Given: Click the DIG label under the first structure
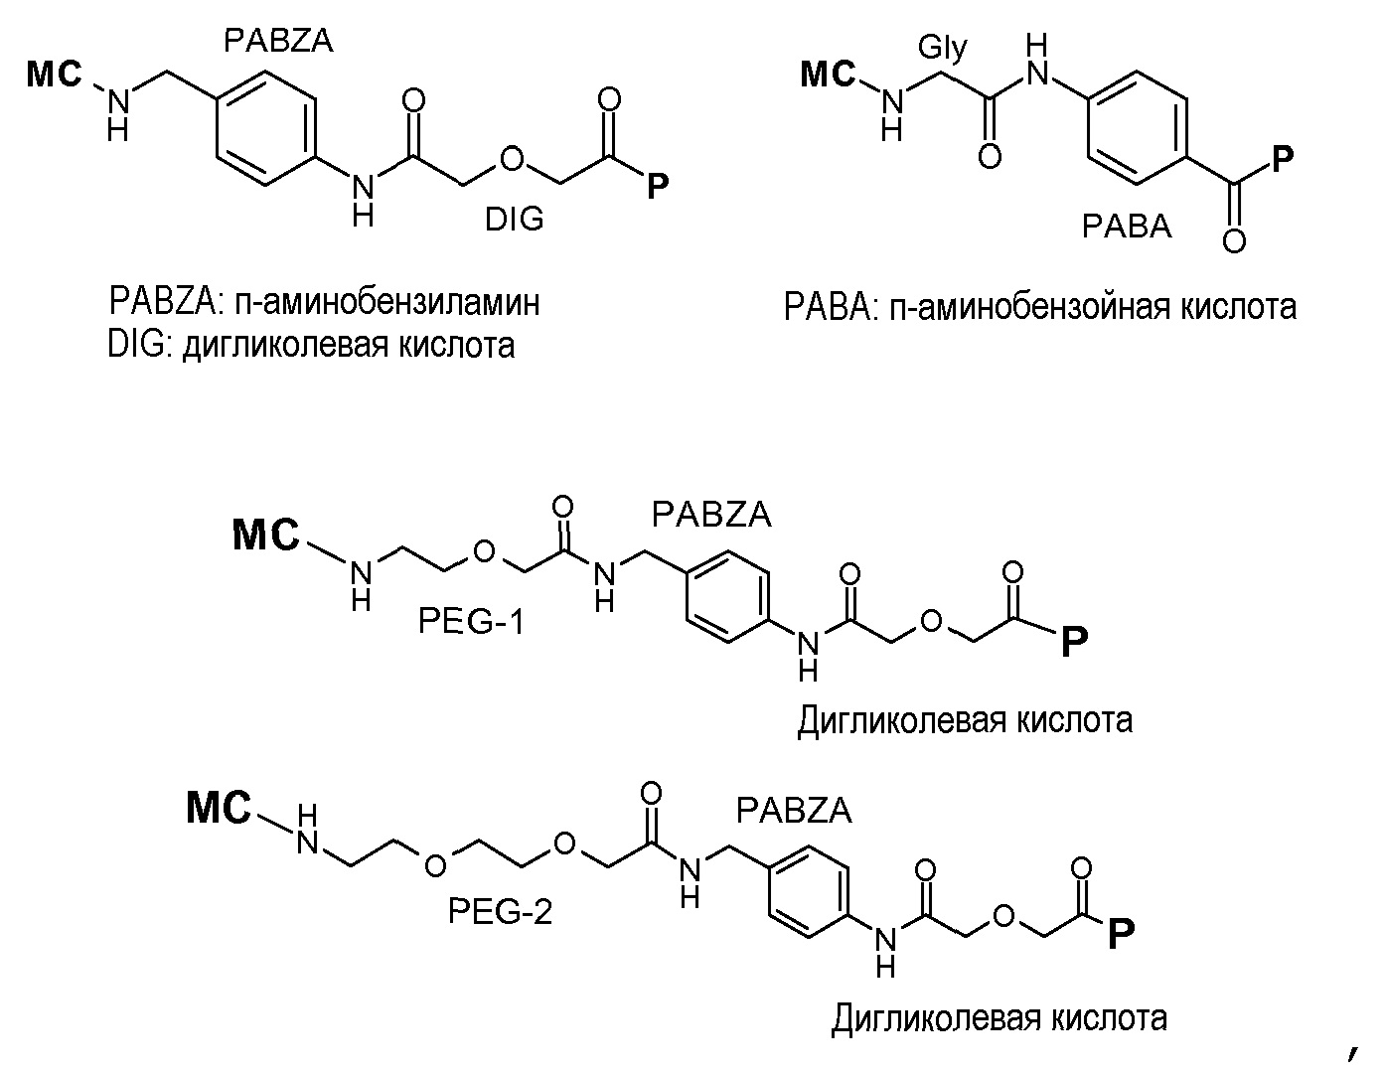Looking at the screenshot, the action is point(514,219).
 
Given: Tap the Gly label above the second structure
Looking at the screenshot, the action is point(942,47).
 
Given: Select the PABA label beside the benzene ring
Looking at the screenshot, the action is point(1126,228).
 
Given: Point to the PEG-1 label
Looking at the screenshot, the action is point(470,623).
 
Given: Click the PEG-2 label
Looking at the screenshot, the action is point(500,910).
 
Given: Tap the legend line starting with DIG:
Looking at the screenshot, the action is point(311,345).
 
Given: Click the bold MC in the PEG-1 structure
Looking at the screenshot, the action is point(265,536).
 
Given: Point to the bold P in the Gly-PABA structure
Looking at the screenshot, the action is point(1284,158).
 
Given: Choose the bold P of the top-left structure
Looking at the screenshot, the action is point(657,185).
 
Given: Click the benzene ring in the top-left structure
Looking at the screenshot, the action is point(265,127).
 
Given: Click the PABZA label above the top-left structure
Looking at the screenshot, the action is point(277,40).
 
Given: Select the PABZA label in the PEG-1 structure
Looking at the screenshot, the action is point(711,515).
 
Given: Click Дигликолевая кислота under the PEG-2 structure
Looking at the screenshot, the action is point(998,1018).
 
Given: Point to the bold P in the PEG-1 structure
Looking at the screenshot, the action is point(1073,643).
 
